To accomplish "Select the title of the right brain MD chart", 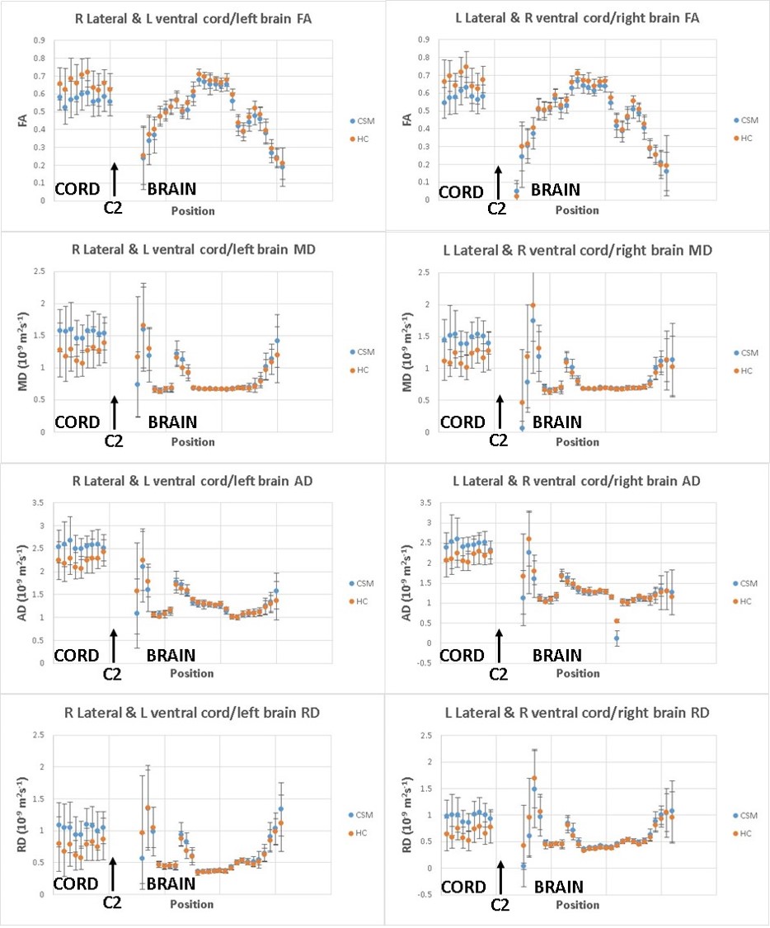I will click(x=576, y=250).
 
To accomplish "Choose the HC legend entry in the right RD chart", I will click(x=749, y=832).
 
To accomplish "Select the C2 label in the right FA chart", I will click(x=497, y=209).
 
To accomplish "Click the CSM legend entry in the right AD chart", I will click(x=749, y=583).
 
